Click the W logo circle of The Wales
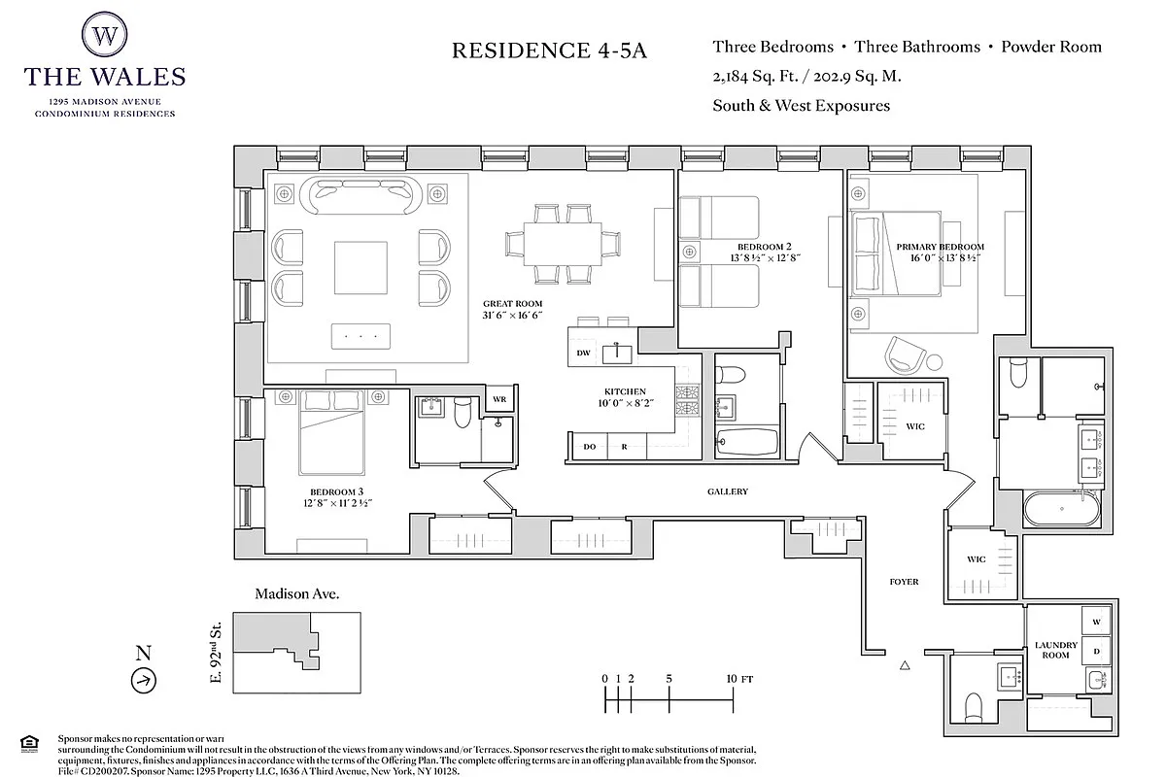click(x=105, y=35)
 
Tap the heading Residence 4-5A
click(x=549, y=51)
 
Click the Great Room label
click(x=512, y=310)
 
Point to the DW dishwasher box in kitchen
click(x=584, y=353)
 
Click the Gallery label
click(x=727, y=491)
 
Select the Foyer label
click(x=904, y=582)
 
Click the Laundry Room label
click(x=1056, y=650)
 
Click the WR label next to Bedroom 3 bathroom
click(x=499, y=398)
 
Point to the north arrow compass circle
click(x=143, y=681)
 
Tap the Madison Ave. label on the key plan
click(x=296, y=593)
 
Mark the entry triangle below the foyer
click(x=905, y=665)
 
